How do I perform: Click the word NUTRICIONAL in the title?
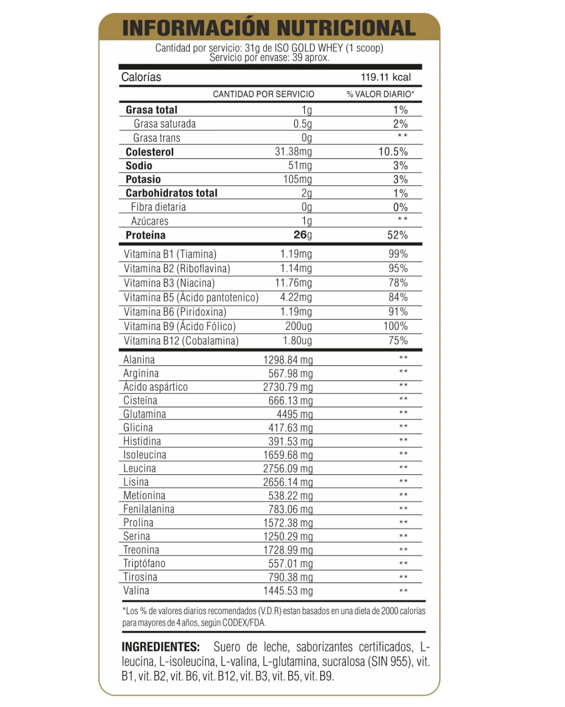coord(346,28)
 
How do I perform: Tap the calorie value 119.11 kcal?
coord(386,77)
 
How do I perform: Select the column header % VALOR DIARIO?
coord(380,94)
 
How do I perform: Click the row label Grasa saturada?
coord(164,124)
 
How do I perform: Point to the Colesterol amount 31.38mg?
coord(293,152)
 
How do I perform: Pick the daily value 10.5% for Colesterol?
coord(393,152)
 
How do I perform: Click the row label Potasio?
coord(143,180)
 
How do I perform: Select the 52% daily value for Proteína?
coord(397,235)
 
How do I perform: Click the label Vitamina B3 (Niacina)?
coord(169,283)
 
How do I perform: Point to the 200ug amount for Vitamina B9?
coord(298,326)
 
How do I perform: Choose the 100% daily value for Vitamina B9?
coord(395,326)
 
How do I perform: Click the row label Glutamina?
coord(144,414)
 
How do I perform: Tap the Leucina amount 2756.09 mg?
coord(288,469)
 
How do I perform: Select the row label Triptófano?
coord(144,564)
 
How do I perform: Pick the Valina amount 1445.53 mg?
coord(288,591)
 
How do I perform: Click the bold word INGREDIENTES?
coord(161,647)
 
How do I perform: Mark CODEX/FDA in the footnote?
coord(244,623)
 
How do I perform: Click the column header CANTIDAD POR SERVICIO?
coord(263,94)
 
